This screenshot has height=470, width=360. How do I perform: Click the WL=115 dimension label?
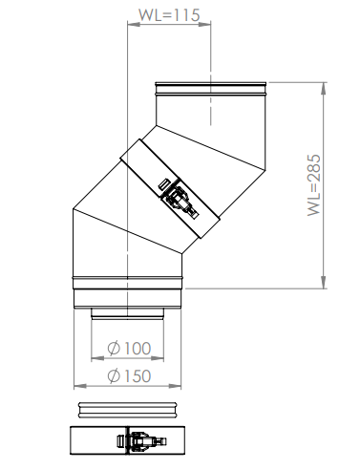click(x=169, y=14)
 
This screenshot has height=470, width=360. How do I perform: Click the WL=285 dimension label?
click(x=314, y=185)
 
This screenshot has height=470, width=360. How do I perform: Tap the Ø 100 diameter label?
click(x=129, y=349)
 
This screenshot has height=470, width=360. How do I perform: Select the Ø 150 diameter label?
click(x=129, y=376)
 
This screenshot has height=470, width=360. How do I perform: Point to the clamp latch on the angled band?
click(x=180, y=200)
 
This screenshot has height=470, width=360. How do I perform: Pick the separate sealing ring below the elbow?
click(x=127, y=410)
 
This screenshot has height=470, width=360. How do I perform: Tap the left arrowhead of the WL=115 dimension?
click(x=134, y=23)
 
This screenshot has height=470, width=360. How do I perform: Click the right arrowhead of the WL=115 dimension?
click(x=204, y=23)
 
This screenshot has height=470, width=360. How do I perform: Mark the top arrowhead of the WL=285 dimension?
click(x=324, y=89)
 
